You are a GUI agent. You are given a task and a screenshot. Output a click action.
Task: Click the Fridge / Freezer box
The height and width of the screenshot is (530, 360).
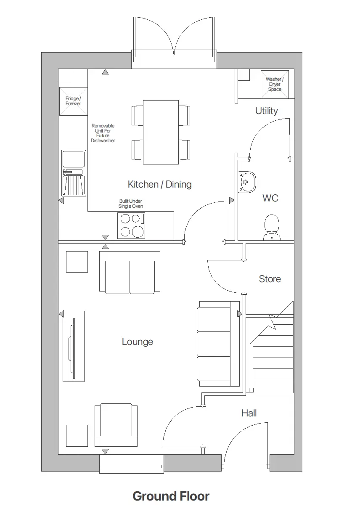click(73, 101)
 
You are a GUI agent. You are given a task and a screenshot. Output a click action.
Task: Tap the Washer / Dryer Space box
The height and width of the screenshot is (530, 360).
click(275, 84)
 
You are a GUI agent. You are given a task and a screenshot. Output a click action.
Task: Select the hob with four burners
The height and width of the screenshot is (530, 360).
click(131, 226)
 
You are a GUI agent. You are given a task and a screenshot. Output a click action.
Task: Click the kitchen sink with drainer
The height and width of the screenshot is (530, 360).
click(74, 173)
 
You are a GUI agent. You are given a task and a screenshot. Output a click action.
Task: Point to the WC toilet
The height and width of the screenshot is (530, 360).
click(272, 228)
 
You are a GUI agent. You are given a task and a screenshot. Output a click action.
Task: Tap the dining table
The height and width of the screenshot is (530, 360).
click(161, 132)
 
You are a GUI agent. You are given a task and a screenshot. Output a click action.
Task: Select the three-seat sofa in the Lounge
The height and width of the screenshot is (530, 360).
click(214, 344)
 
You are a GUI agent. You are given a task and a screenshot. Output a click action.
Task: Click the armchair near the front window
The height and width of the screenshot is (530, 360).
click(116, 425)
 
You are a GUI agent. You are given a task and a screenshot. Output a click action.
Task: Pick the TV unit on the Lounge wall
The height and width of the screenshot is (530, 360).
click(74, 346)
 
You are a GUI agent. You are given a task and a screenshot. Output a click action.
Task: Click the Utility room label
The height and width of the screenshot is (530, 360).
click(267, 111)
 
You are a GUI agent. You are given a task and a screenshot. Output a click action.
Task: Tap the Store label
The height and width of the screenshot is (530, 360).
click(270, 279)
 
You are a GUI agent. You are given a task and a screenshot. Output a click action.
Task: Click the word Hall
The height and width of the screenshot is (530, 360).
click(249, 413)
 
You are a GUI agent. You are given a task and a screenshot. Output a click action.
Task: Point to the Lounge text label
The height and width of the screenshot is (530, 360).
click(137, 342)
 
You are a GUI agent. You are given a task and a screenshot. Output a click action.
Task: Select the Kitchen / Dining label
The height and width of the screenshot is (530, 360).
click(159, 184)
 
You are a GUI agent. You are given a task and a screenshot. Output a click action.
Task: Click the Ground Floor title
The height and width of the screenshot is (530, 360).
click(171, 496)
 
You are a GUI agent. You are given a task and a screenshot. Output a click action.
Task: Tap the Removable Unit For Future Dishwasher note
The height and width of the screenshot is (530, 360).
click(103, 133)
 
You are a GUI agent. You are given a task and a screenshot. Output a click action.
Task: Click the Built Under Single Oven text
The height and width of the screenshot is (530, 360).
click(131, 204)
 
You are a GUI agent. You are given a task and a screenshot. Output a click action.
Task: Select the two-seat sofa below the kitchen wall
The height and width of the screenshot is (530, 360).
click(130, 273)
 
